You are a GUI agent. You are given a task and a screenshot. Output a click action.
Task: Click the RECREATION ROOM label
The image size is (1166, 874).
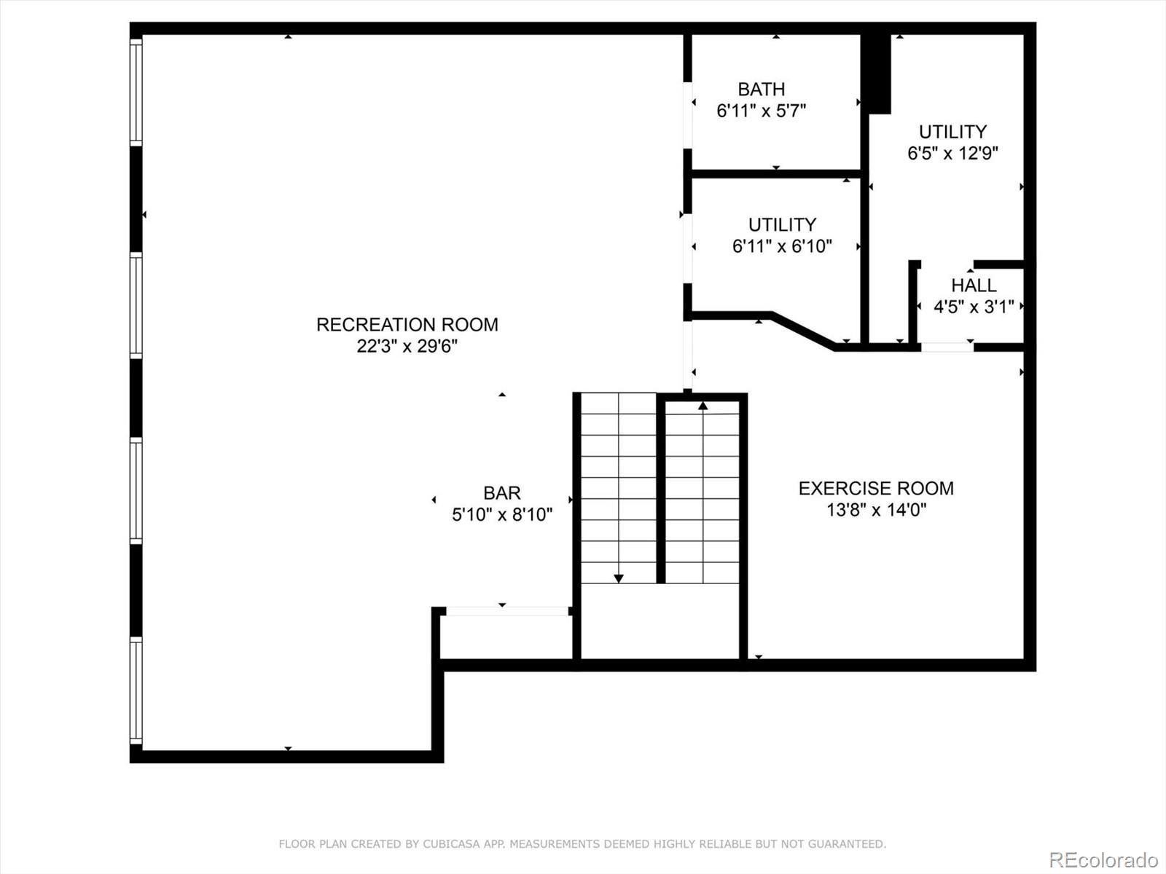coord(407,325)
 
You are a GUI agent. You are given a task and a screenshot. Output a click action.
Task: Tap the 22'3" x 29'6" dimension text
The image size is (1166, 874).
coord(407,347)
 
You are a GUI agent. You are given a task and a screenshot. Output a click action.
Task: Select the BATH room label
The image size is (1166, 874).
coord(762,89)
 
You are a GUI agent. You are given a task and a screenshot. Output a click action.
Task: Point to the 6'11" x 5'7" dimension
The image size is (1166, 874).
coord(762,111)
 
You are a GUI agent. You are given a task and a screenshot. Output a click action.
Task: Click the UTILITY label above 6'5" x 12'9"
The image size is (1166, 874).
coord(953,132)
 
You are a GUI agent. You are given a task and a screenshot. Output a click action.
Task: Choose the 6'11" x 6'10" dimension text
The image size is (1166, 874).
coord(782,246)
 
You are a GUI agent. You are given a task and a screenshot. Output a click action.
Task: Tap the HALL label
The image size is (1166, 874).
coord(974,286)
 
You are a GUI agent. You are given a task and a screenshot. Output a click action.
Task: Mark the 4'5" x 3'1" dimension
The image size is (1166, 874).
coord(974,307)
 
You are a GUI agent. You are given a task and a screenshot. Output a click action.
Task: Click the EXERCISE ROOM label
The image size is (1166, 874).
coord(876,488)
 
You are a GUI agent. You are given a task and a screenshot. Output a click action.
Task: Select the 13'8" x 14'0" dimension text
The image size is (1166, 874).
coord(877,510)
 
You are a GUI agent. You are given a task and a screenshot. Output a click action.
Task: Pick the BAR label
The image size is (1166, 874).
coord(502,493)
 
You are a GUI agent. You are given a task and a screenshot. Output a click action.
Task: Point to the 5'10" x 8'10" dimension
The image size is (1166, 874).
coord(502,515)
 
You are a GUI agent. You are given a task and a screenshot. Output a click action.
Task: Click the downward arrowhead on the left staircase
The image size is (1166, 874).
coord(618,578)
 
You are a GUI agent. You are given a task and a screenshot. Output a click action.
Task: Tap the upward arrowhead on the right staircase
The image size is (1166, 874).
coord(703,406)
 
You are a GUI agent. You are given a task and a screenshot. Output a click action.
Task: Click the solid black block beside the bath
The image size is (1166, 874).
coord(875,74)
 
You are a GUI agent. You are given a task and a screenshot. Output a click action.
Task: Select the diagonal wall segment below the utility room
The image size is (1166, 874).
coord(802,331)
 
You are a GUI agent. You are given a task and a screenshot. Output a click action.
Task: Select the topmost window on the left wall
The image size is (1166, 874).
coord(136,92)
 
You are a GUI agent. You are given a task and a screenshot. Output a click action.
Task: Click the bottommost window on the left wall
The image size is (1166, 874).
coord(136,691)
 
